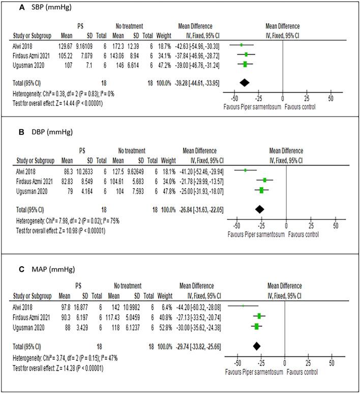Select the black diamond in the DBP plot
tap(260, 209)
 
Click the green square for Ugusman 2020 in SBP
tap(245, 64)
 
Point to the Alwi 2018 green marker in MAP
tap(243, 306)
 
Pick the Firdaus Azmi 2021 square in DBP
tap(265, 180)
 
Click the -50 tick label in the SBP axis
tap(234, 98)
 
